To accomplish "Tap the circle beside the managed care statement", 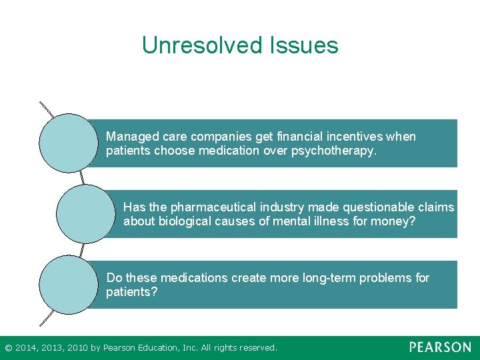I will click(69, 143).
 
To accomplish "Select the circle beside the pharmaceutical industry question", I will click(85, 214).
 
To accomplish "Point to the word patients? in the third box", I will click(131, 292).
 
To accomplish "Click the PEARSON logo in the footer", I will click(440, 347).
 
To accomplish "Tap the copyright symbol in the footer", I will click(8, 348).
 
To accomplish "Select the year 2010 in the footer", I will click(77, 348).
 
